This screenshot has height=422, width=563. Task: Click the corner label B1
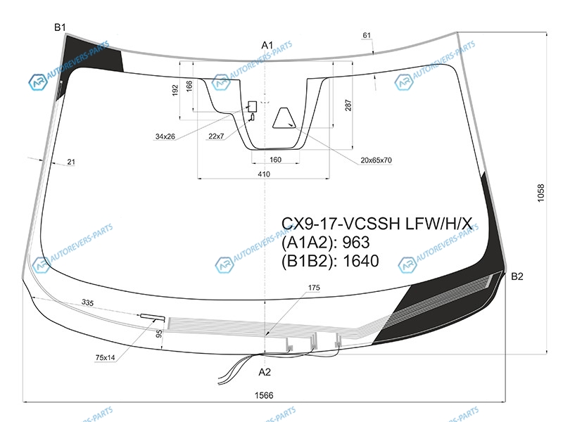coord(60,27)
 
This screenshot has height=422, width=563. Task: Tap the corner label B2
coord(517,276)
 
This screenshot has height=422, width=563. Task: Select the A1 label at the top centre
coord(267,45)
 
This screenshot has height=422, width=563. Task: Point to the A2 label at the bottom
coord(265,372)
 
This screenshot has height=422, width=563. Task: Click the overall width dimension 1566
coord(264,395)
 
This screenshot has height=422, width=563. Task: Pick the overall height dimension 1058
coord(540,193)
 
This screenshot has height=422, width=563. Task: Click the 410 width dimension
coord(264,174)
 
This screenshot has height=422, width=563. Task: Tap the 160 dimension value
coord(275,160)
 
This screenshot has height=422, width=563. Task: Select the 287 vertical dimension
coord(348,105)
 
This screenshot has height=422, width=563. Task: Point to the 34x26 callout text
coord(165,136)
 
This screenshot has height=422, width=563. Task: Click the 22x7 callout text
coord(216,136)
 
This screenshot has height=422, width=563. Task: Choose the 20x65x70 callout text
coord(376,160)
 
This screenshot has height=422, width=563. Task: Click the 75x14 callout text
coord(105,357)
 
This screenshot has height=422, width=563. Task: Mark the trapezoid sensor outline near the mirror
coord(284,117)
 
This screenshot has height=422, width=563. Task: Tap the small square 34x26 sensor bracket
coord(253,107)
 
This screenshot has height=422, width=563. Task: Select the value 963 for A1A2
coord(356,243)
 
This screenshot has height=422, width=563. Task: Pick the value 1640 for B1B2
coord(361,261)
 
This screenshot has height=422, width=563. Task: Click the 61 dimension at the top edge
coord(367,35)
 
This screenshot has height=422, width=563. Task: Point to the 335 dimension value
coord(87,302)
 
